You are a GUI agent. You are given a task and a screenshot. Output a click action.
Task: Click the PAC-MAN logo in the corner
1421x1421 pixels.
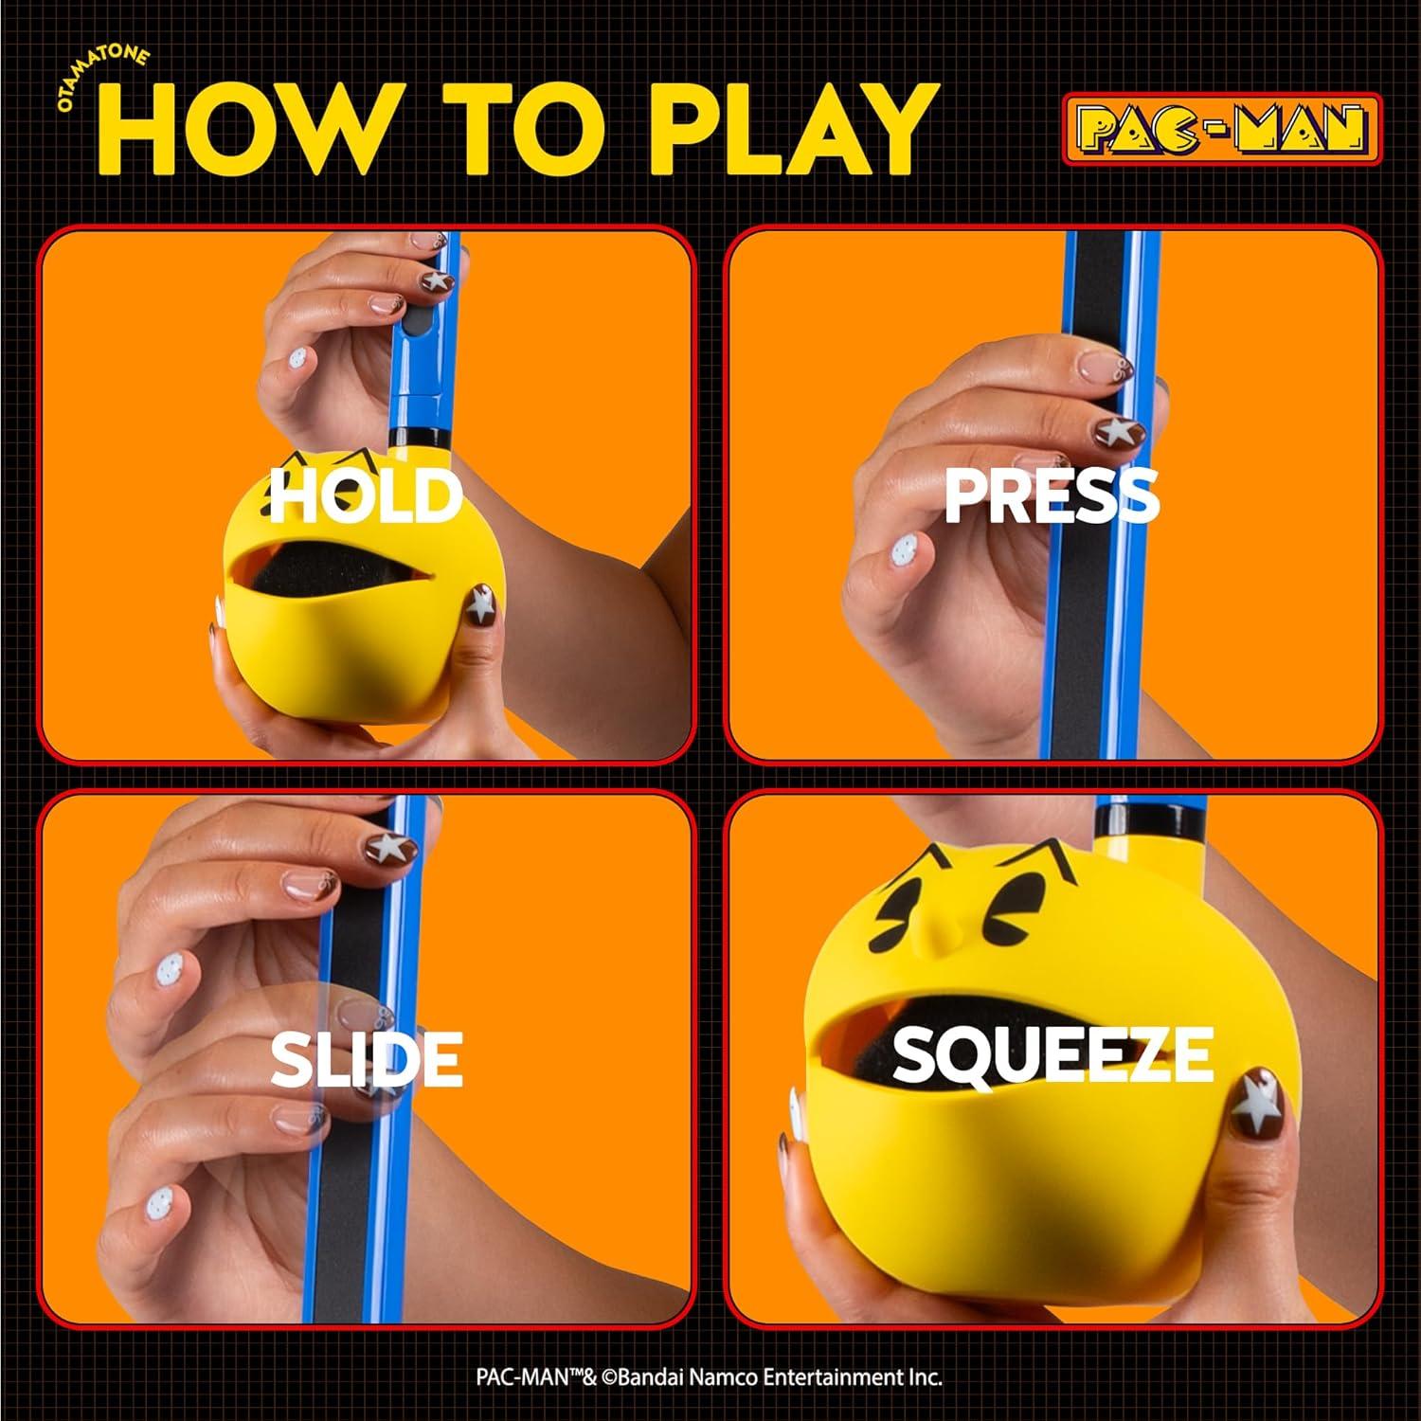(x=1220, y=129)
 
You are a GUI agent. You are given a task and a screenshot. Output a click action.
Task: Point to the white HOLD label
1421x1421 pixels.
(x=366, y=495)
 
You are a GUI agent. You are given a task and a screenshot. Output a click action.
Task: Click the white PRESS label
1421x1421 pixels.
(x=1052, y=495)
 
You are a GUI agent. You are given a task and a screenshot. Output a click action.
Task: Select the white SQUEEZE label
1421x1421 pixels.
(x=1052, y=1053)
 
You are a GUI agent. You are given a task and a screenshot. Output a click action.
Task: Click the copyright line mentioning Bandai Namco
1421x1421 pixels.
(x=709, y=1376)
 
